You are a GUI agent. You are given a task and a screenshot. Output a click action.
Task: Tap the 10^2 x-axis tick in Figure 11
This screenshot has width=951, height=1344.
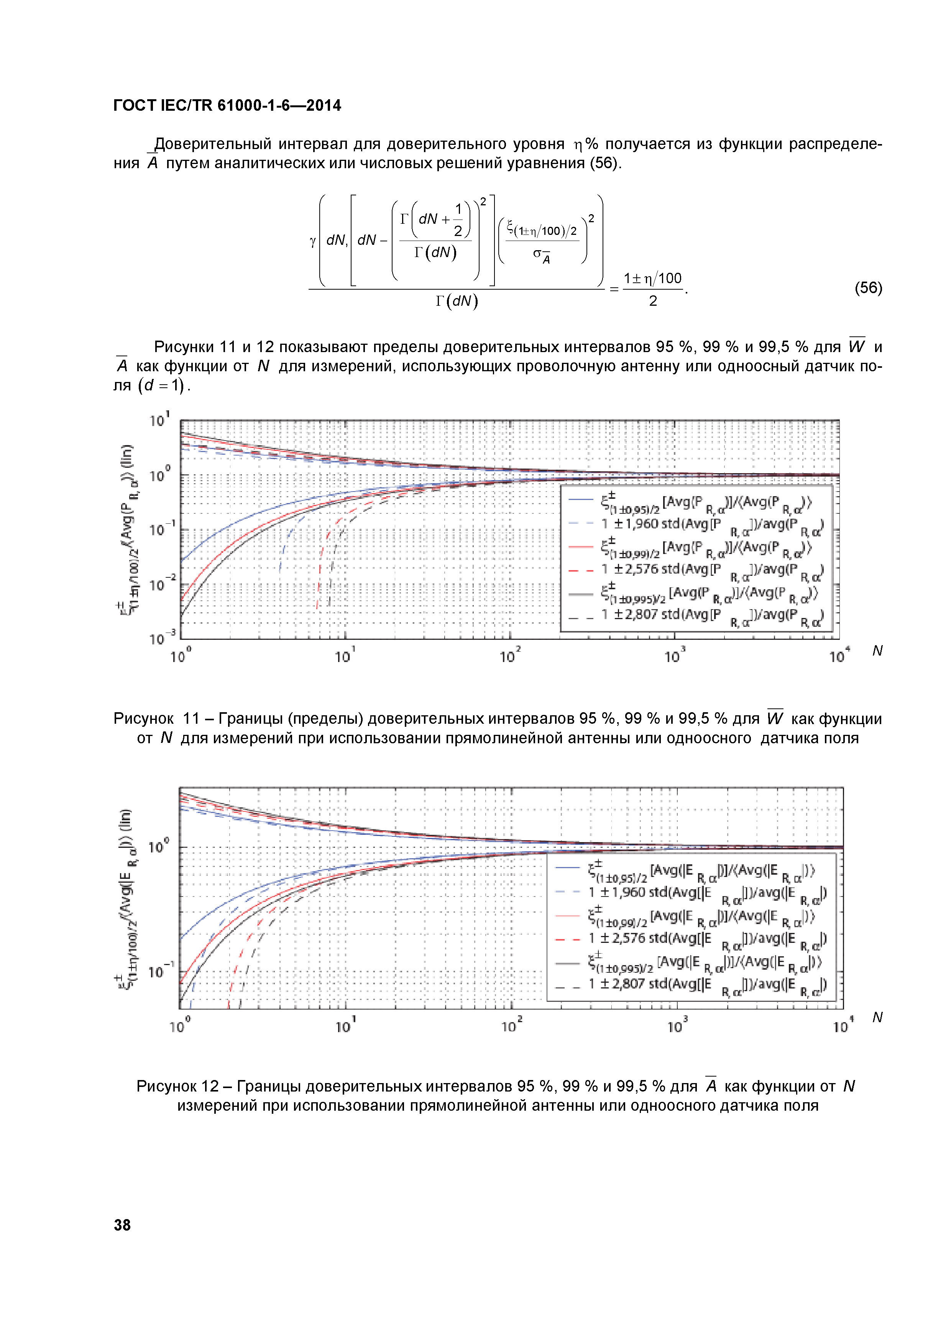(509, 656)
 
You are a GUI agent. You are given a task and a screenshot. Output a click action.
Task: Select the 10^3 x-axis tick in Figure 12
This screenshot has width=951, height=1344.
(677, 1026)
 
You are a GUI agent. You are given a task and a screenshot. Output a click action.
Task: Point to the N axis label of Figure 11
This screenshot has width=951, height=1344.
(877, 651)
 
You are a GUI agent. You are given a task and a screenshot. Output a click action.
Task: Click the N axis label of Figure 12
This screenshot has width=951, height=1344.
(877, 1017)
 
